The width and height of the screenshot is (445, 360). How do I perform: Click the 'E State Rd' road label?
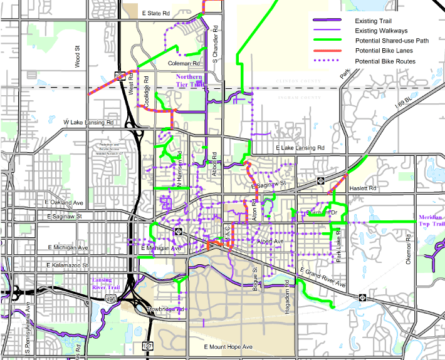pos(157,13)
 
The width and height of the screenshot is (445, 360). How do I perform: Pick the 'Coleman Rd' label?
pos(184,64)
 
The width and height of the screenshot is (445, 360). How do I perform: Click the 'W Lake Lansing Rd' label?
pos(88,123)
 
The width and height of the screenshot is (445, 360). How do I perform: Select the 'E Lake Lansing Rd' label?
pos(301,148)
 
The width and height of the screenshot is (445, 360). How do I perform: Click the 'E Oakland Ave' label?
pos(65,203)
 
